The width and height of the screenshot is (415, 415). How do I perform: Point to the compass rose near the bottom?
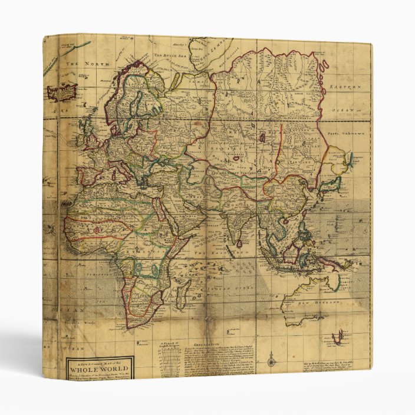click(x=271, y=358)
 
